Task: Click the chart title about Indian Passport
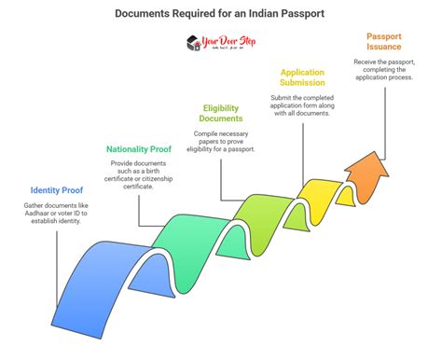[220, 14]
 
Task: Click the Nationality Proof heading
[137, 149]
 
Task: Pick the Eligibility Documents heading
[222, 113]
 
